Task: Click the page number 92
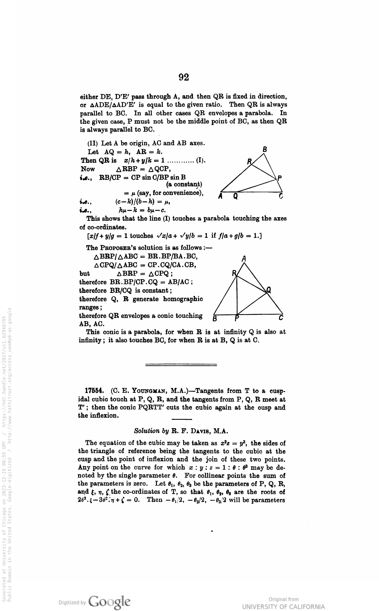[x=184, y=77]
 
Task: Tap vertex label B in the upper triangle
[x=265, y=150]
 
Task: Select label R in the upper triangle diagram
[x=249, y=161]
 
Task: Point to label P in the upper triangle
[x=280, y=178]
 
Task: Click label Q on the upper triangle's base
[x=236, y=196]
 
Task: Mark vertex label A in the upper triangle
[x=221, y=196]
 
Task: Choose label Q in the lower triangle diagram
[x=269, y=290]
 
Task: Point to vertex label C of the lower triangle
[x=281, y=318]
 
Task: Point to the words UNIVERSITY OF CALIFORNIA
[x=283, y=606]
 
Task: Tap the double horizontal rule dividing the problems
[x=181, y=365]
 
